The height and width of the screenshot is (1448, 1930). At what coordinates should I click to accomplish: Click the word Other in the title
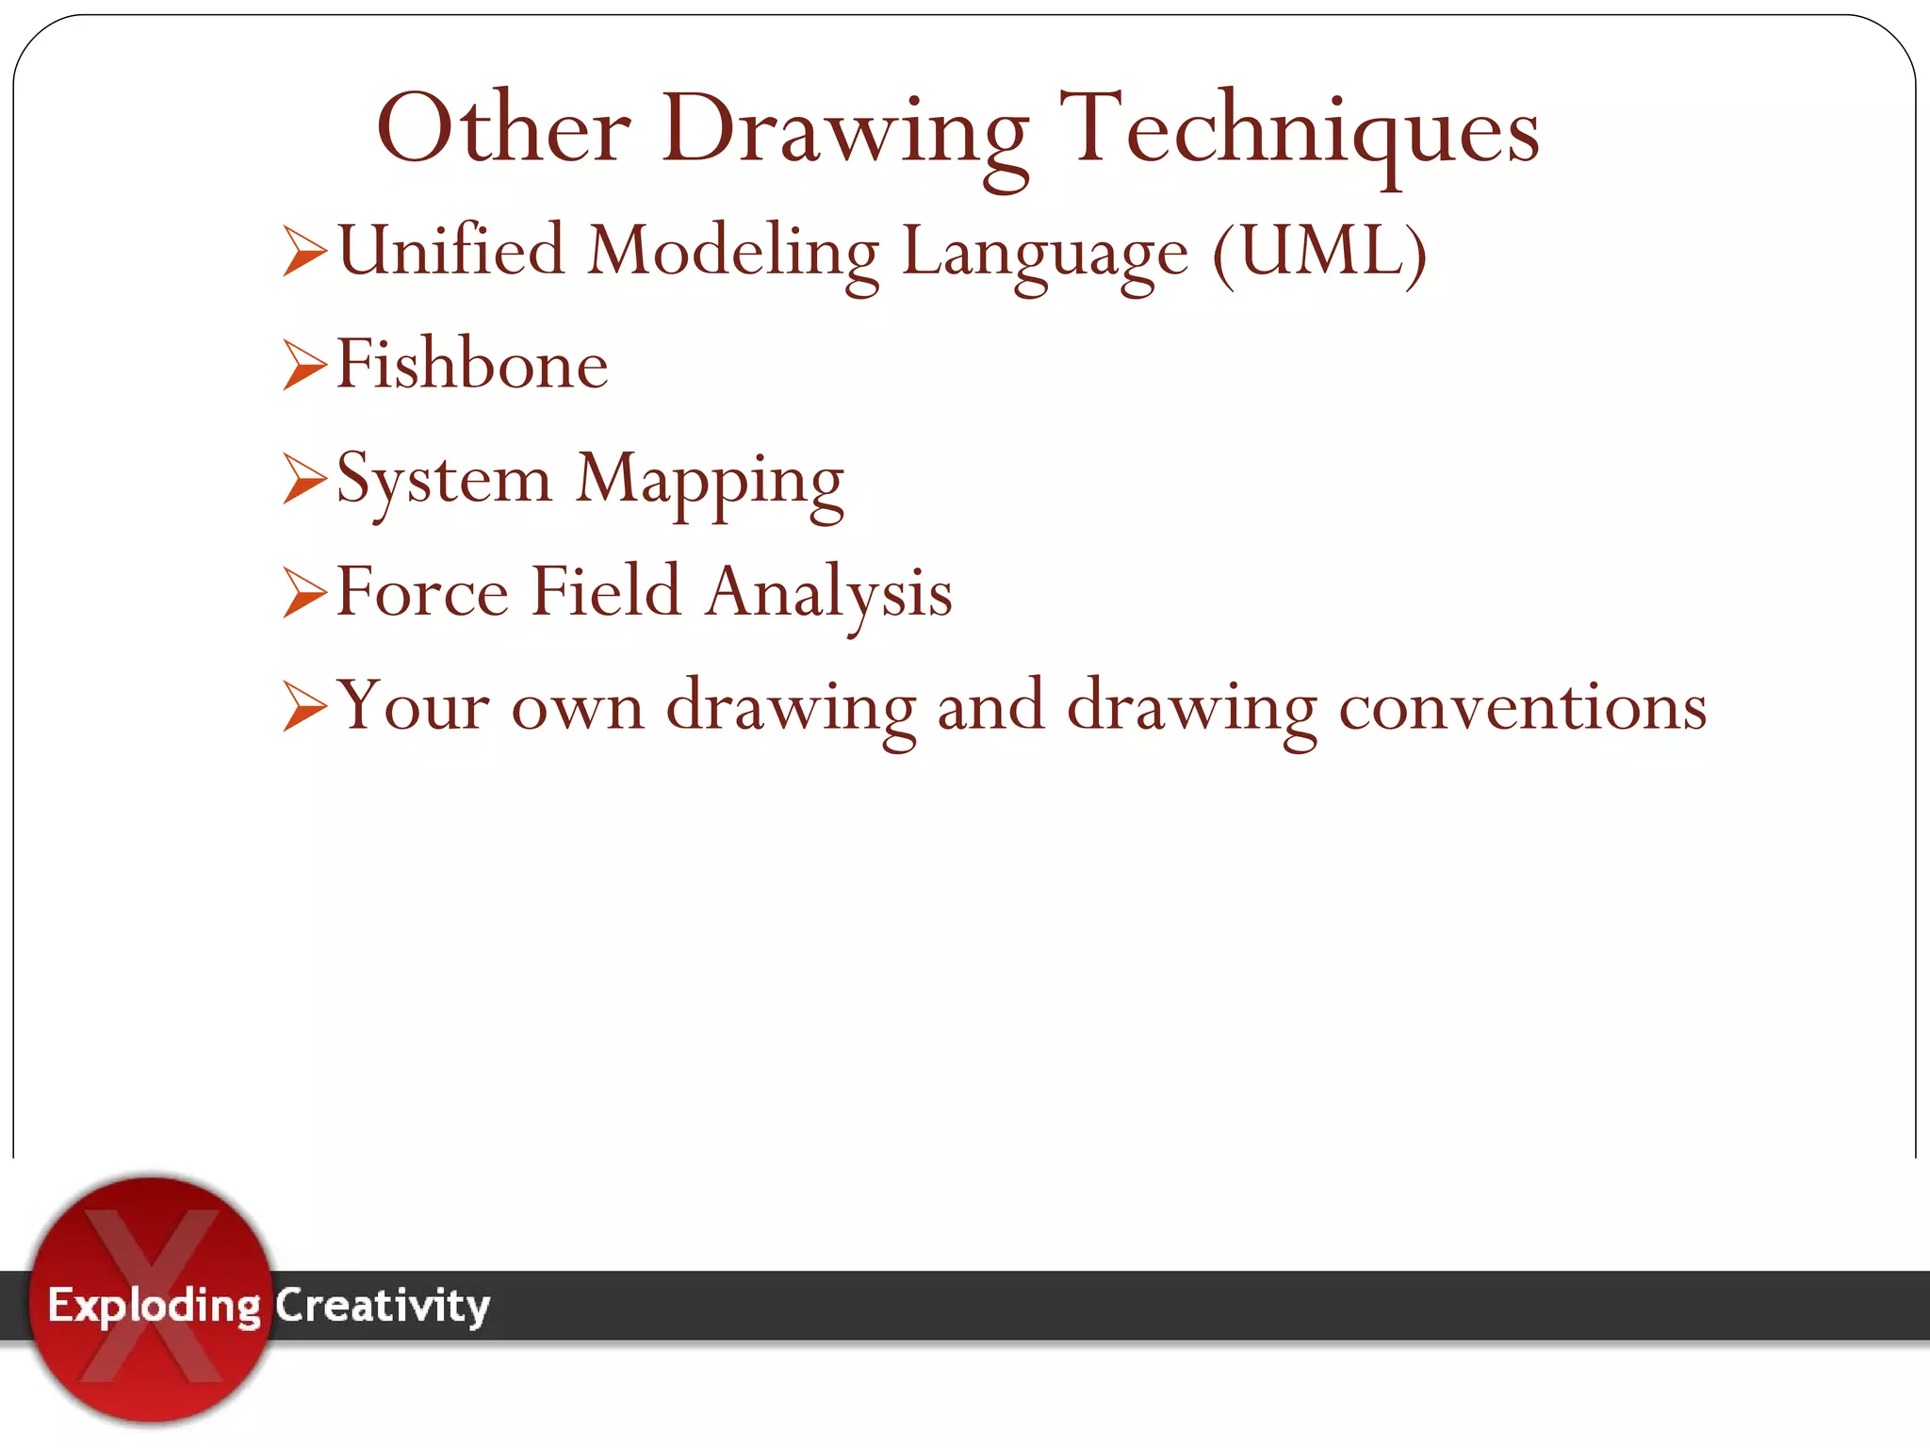[503, 129]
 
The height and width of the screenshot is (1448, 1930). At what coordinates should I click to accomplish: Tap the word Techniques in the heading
[1300, 131]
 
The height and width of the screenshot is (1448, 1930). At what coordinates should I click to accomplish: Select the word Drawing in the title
[844, 133]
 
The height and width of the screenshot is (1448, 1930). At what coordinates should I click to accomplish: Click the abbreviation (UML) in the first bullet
[1319, 253]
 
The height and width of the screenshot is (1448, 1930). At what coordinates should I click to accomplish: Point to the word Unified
[450, 251]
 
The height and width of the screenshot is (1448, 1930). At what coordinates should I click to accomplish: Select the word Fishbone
[472, 365]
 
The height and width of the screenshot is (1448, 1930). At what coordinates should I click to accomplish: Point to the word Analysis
[829, 595]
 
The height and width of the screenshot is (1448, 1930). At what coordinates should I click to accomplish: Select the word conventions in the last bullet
[1523, 707]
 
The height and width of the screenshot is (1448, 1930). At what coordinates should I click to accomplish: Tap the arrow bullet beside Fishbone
[304, 365]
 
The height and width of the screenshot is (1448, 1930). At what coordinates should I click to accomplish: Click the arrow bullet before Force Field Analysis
[304, 593]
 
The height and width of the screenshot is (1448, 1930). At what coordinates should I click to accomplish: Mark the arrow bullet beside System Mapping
[304, 478]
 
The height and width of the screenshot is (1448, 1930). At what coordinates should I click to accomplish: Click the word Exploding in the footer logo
[154, 1307]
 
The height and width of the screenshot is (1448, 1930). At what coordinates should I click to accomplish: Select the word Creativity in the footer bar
[383, 1307]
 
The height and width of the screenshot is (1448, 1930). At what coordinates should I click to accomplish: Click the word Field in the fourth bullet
[606, 592]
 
